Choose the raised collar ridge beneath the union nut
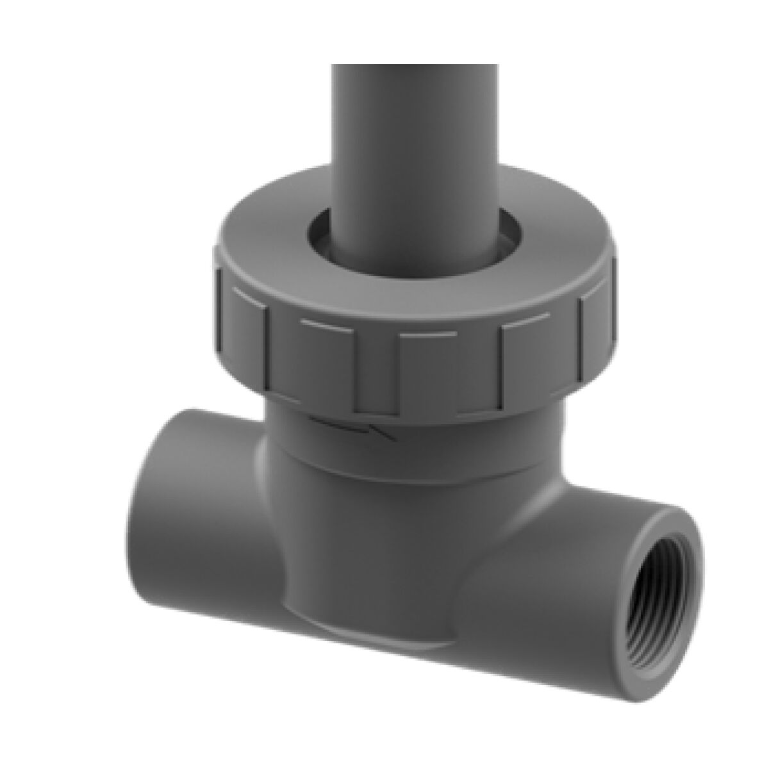coord(410,465)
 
